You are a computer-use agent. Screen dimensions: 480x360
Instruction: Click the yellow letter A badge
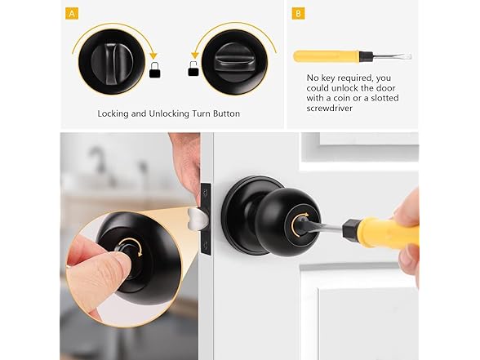[72, 14]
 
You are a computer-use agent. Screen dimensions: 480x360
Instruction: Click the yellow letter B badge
[298, 14]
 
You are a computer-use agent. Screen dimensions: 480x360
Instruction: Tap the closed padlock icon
[155, 70]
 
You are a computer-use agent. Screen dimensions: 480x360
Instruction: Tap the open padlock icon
[193, 69]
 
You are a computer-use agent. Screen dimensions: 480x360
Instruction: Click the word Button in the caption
[226, 113]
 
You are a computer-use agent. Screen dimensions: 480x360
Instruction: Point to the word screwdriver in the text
[330, 108]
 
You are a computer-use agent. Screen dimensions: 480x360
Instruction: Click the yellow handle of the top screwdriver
[326, 56]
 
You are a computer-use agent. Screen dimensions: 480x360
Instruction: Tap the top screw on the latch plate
[205, 193]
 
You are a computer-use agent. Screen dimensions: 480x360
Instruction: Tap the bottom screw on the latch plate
[205, 245]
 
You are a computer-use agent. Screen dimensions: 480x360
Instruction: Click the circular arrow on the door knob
[299, 225]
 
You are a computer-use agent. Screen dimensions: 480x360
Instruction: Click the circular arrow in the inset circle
[131, 247]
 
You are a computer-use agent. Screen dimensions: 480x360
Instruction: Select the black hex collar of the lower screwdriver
[350, 229]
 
